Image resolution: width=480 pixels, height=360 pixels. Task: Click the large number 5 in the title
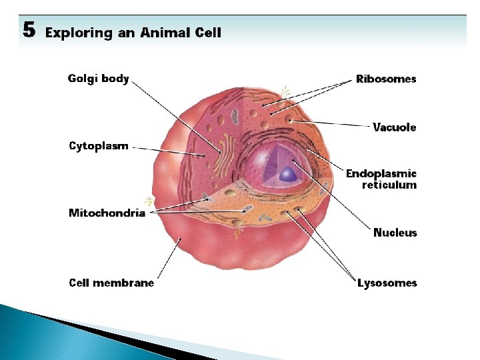pos(29,30)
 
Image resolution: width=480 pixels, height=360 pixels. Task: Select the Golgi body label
pos(98,79)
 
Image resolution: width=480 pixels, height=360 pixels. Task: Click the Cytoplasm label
pos(98,146)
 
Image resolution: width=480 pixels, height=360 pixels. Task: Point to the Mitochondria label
pos(107,213)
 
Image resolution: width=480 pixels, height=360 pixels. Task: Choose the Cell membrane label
pos(111,283)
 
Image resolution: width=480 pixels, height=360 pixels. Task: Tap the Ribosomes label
pos(386,79)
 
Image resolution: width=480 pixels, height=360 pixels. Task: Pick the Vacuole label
pos(395,127)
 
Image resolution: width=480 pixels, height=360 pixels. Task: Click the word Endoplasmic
pos(381,173)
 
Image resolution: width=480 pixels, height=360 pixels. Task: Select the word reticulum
pos(389,185)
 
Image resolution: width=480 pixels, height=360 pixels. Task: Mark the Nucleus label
pos(395,233)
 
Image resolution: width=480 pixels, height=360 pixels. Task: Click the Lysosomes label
pos(387,283)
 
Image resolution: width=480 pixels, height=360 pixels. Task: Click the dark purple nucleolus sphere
pos(288,175)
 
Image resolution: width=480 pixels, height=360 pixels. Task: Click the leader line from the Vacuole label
pos(333,123)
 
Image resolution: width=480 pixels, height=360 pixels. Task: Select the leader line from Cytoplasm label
pos(167,150)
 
